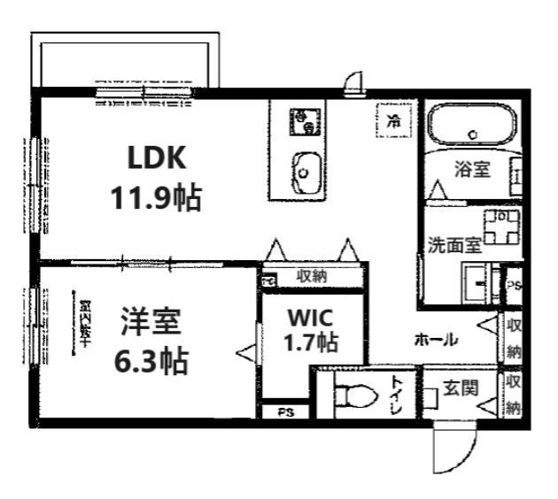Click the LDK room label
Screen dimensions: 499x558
click(x=156, y=159)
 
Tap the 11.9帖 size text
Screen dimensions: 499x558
click(x=156, y=197)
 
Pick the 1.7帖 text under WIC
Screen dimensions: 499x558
click(x=309, y=342)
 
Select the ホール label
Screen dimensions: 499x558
click(x=436, y=339)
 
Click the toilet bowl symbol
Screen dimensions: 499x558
click(x=353, y=394)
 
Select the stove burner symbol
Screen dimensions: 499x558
click(x=306, y=121)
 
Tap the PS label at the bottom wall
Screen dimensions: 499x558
click(x=284, y=412)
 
